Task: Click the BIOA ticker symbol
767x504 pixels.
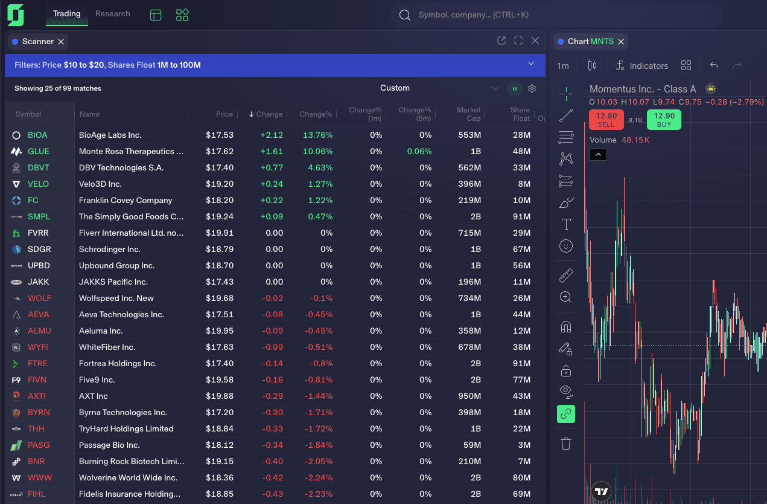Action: (x=37, y=135)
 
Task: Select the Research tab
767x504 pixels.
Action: (x=112, y=14)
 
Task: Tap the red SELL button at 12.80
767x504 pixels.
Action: (x=606, y=120)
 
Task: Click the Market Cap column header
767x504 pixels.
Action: (x=468, y=114)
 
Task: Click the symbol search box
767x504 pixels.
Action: (x=555, y=15)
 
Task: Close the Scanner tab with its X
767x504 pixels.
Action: (x=61, y=42)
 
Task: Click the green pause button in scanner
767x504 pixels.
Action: (x=514, y=89)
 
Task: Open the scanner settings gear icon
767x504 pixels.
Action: (x=532, y=89)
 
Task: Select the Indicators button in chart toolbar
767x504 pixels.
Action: (x=641, y=66)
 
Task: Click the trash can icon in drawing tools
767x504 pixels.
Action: (x=566, y=444)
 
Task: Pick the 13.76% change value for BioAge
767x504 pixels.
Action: (x=317, y=135)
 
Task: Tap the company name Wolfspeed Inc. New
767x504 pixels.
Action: (x=116, y=298)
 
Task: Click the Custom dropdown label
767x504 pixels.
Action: (x=395, y=88)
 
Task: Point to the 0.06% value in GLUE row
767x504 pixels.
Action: (x=419, y=151)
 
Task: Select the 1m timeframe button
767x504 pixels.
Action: (x=562, y=66)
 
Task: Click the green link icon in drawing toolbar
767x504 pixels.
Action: (x=566, y=414)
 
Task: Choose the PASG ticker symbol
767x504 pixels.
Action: (x=39, y=445)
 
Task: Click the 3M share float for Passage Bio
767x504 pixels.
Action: (x=524, y=445)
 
